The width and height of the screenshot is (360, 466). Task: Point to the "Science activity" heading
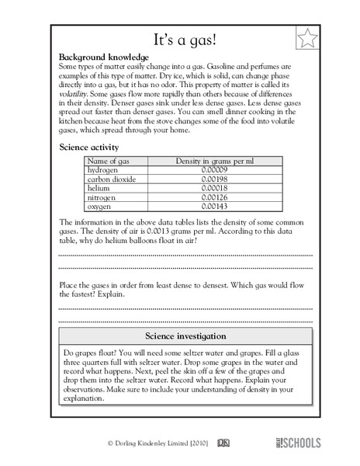[x=89, y=146]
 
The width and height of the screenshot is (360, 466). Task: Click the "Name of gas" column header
[x=109, y=161]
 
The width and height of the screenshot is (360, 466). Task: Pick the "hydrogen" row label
[x=104, y=170]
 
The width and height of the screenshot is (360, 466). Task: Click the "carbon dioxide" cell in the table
[x=112, y=179]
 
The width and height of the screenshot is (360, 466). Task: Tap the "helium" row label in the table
[x=99, y=189]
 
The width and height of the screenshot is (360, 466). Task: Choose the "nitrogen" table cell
[x=102, y=198]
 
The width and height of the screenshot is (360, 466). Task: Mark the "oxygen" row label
[x=100, y=207]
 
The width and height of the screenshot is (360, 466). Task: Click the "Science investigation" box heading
[x=185, y=336]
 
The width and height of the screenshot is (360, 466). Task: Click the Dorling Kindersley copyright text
[x=158, y=443]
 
